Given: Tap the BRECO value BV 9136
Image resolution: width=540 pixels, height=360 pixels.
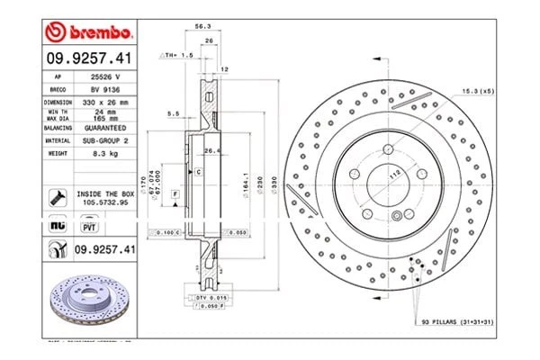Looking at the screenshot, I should pos(105,91).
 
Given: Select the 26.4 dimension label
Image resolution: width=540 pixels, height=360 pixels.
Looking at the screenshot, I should pos(214,151).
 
